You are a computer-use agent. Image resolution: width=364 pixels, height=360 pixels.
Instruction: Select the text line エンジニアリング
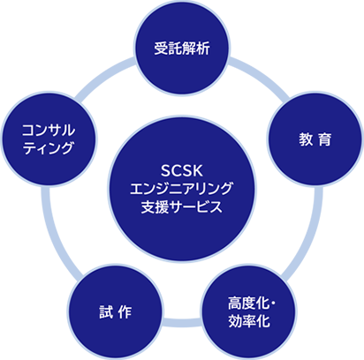point(182,189)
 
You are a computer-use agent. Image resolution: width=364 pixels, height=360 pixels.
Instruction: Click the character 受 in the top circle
point(159,46)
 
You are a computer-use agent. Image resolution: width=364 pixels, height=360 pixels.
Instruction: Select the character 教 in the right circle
point(306,139)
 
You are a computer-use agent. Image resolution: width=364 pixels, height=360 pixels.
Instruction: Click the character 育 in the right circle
point(325,139)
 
